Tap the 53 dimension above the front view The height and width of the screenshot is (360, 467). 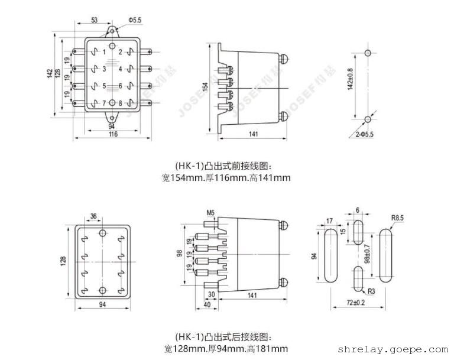tap(93, 20)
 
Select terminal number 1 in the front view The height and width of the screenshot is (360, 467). tap(105, 53)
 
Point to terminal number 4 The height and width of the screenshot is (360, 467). tap(120, 69)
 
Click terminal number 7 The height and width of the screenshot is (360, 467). tap(105, 103)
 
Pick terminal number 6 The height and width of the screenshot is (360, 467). tap(120, 86)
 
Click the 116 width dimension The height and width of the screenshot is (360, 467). tap(113, 135)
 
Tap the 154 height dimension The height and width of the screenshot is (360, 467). tap(205, 86)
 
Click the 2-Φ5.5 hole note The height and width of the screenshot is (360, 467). tap(365, 135)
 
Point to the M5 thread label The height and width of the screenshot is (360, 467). tap(211, 212)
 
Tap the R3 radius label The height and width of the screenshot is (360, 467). tap(372, 291)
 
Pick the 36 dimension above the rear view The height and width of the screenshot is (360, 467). tap(93, 215)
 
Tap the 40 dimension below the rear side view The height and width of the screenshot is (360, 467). tap(206, 304)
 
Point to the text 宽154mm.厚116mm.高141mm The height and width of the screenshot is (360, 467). tap(226, 177)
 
